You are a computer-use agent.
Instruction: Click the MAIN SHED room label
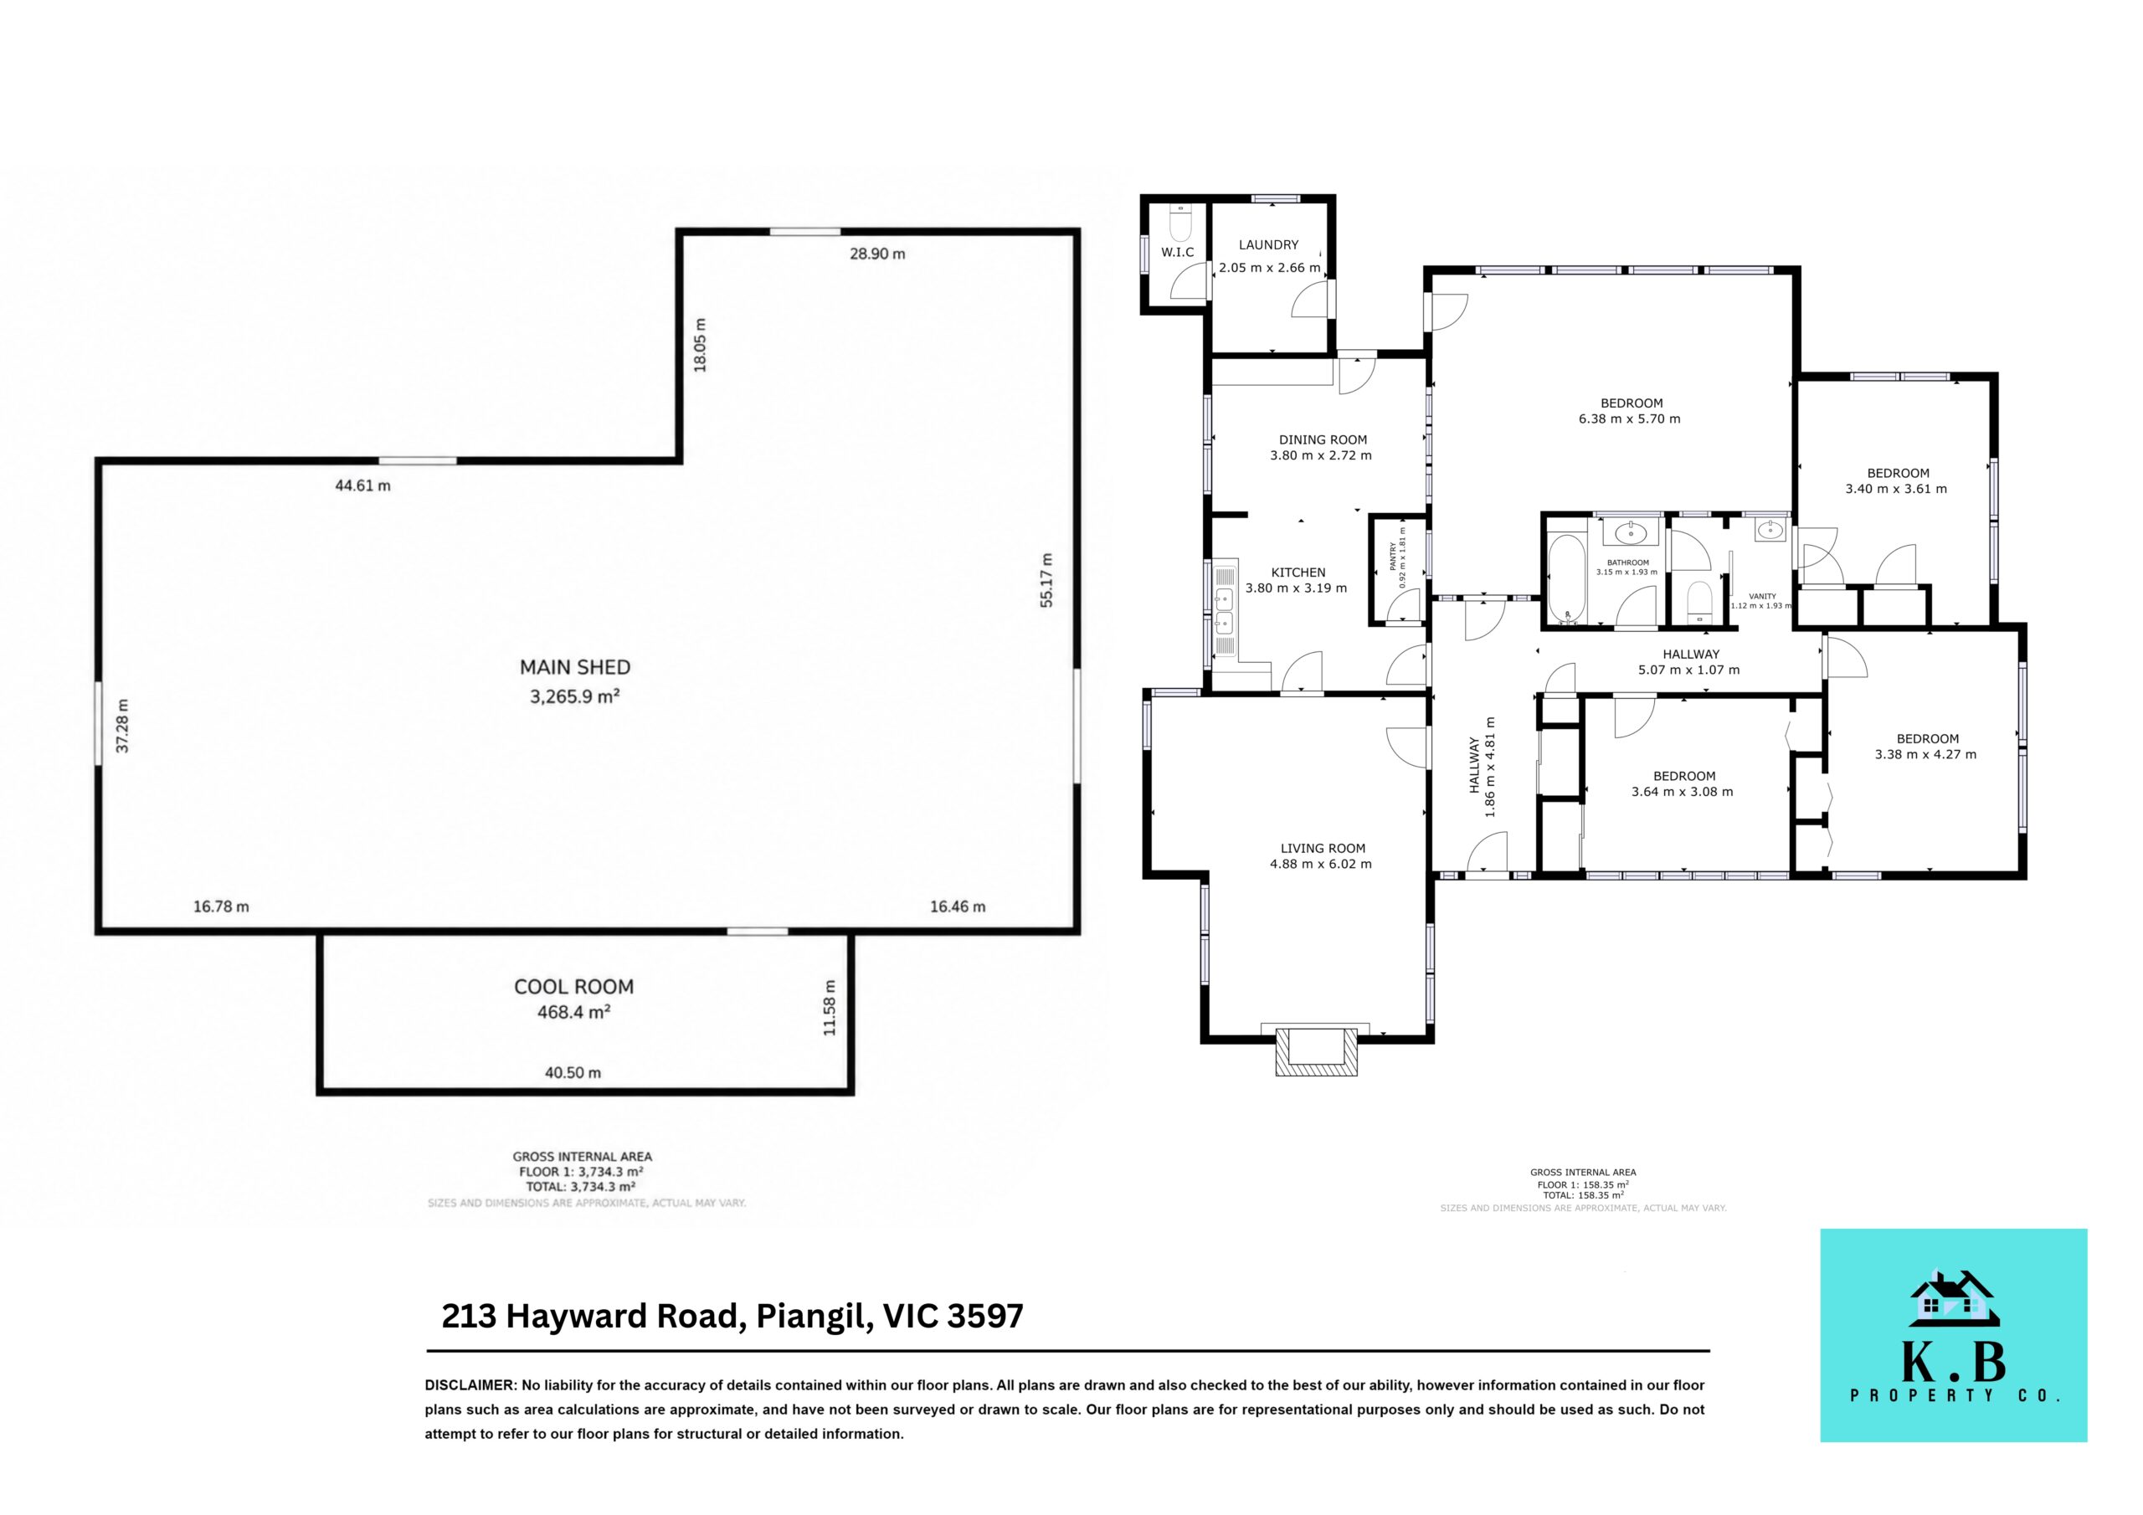(575, 667)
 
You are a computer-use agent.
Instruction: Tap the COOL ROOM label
(574, 987)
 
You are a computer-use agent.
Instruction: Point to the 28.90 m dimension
(877, 254)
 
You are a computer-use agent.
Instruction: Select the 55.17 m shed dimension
(1046, 581)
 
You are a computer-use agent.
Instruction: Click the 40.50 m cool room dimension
(573, 1072)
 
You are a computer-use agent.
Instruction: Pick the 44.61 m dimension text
(363, 485)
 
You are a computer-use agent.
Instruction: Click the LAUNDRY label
(1268, 244)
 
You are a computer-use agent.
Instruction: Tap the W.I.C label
(1177, 252)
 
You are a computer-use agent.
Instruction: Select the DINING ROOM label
(1323, 439)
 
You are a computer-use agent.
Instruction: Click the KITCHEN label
(1298, 573)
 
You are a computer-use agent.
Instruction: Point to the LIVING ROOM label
(1323, 849)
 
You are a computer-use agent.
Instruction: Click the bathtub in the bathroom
(1567, 578)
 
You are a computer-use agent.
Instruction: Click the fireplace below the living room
(1316, 1050)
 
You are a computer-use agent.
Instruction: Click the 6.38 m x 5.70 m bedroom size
(1630, 419)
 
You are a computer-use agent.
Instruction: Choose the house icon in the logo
(1954, 1299)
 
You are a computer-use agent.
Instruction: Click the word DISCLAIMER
(470, 1385)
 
